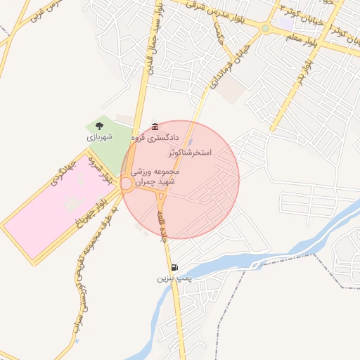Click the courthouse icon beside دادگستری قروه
pos(155,127)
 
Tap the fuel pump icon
pos(174,267)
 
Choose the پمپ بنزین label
pos(172,279)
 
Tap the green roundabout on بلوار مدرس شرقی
pos(265,29)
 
